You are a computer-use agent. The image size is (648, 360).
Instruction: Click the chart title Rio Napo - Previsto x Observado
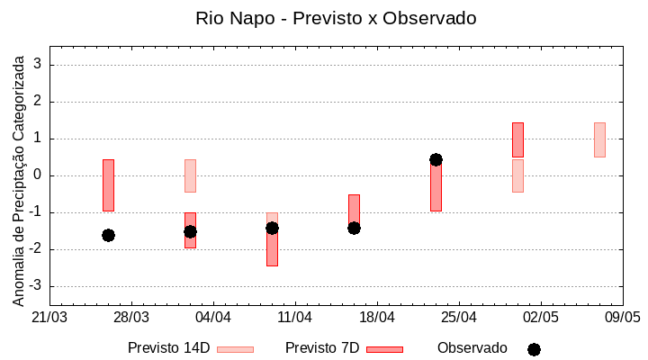pyautogui.click(x=336, y=18)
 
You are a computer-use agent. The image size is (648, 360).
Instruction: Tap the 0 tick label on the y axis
pyautogui.click(x=39, y=175)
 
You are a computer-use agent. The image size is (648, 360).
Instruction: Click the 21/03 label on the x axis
pyautogui.click(x=49, y=318)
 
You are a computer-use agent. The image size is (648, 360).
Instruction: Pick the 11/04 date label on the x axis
pyautogui.click(x=294, y=318)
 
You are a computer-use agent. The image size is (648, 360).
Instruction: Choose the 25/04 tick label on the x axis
pyautogui.click(x=459, y=318)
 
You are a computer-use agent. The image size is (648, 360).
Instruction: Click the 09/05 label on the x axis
pyautogui.click(x=622, y=318)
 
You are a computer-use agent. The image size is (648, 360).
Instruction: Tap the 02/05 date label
pyautogui.click(x=541, y=318)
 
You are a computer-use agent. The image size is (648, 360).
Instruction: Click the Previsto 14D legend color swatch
pyautogui.click(x=235, y=349)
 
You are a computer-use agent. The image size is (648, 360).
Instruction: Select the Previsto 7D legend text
pyautogui.click(x=322, y=348)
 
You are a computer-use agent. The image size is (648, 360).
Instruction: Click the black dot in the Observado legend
pyautogui.click(x=534, y=349)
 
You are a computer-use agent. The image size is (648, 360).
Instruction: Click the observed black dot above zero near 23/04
pyautogui.click(x=436, y=159)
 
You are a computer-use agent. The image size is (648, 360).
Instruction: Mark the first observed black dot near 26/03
pyautogui.click(x=108, y=235)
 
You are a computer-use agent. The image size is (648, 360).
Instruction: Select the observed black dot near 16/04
pyautogui.click(x=354, y=228)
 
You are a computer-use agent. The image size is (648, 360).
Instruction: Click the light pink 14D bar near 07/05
pyautogui.click(x=599, y=139)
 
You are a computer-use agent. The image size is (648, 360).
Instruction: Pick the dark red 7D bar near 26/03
pyautogui.click(x=108, y=184)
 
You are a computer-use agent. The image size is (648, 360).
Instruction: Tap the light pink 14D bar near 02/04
pyautogui.click(x=190, y=175)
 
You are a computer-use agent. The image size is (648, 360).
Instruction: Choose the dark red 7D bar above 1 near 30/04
pyautogui.click(x=517, y=139)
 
